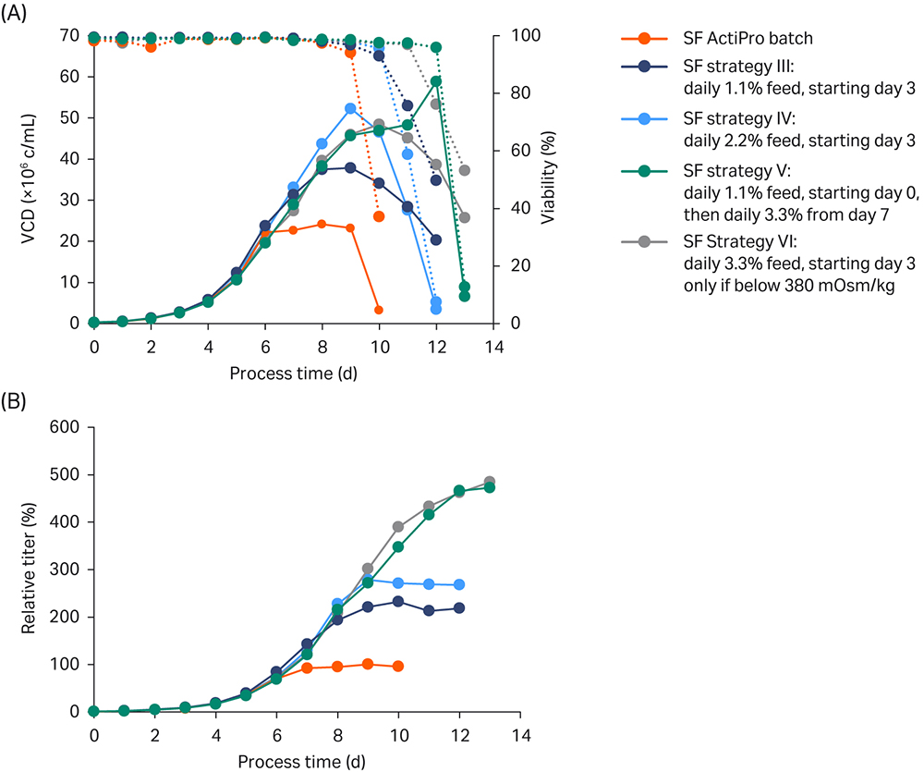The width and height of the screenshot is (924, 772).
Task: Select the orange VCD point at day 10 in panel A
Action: tap(379, 310)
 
